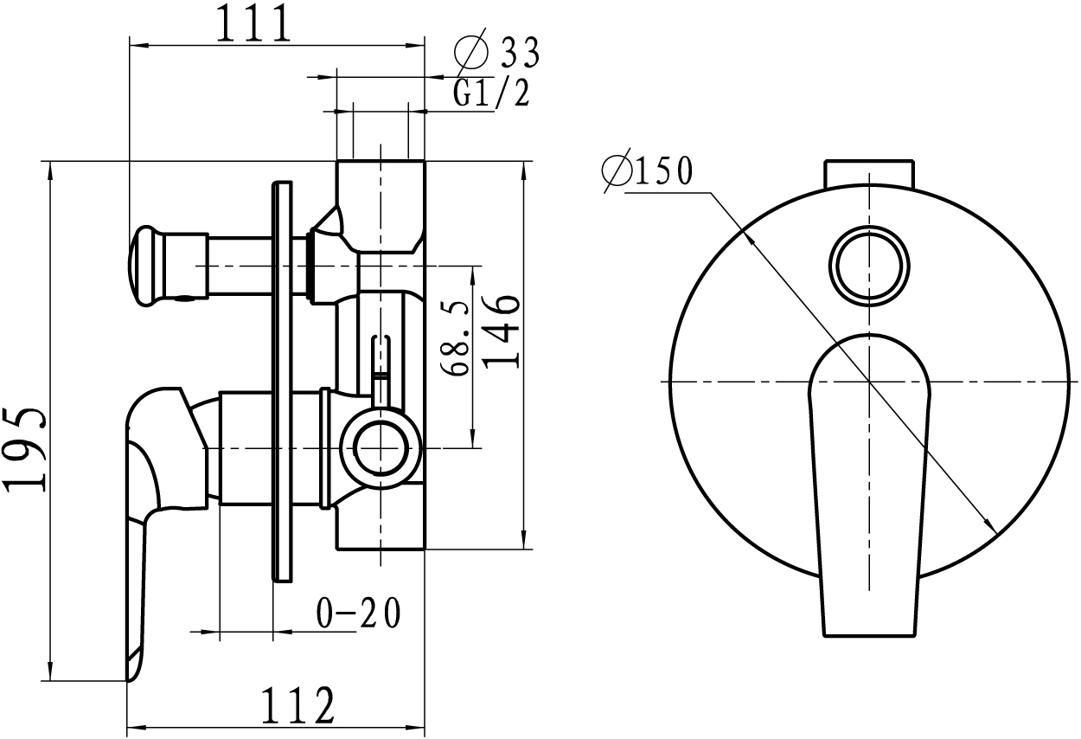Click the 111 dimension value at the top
[x=254, y=23]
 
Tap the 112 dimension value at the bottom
[x=297, y=705]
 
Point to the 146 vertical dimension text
[x=502, y=331]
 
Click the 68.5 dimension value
[x=455, y=337]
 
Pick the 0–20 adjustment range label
[x=359, y=613]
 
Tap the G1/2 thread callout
[x=491, y=93]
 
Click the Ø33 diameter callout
[x=496, y=52]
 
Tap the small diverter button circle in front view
[x=869, y=266]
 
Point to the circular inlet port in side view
[x=381, y=448]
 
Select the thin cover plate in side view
[x=282, y=382]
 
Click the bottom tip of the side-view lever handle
[x=129, y=680]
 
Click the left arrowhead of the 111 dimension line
[x=138, y=45]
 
